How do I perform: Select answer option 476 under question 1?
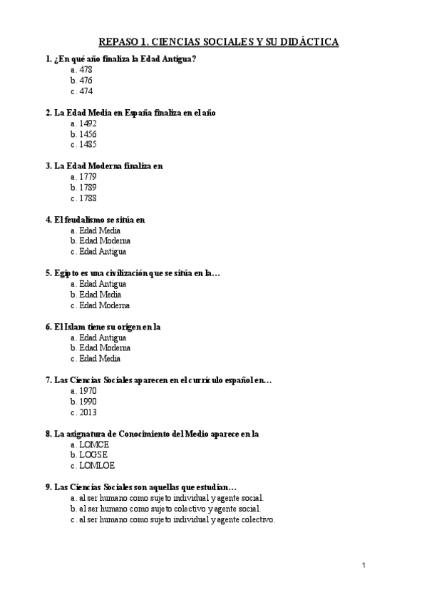tap(86, 81)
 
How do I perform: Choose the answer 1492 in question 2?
tap(88, 123)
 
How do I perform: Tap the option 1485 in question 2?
tap(88, 145)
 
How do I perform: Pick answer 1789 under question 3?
tap(88, 188)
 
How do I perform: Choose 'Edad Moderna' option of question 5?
tap(104, 305)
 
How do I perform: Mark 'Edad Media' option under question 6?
tap(100, 359)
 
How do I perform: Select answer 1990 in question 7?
tap(88, 402)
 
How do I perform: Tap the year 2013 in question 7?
tap(88, 412)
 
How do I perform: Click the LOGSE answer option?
tap(94, 455)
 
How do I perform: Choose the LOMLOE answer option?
tap(97, 466)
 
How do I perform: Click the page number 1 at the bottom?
tap(364, 566)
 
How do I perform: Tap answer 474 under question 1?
tap(86, 91)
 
